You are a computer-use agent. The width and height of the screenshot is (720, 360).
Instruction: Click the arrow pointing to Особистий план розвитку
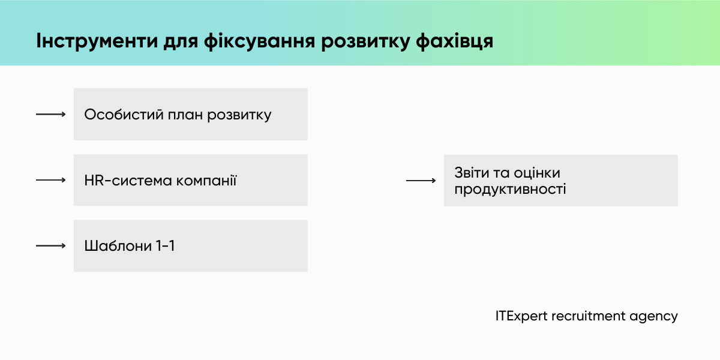click(x=50, y=114)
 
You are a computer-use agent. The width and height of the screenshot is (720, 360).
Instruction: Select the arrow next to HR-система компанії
click(x=50, y=180)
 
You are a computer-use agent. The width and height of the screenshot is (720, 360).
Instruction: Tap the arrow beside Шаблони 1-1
click(x=50, y=245)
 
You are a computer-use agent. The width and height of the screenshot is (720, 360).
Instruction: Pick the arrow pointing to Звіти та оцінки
click(x=421, y=180)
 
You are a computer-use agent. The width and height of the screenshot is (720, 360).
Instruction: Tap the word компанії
click(x=206, y=180)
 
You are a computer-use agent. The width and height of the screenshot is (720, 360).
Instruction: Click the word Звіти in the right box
click(x=472, y=173)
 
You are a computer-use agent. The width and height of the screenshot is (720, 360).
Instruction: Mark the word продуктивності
click(x=510, y=190)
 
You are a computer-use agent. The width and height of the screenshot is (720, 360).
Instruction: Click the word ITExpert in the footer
click(x=521, y=316)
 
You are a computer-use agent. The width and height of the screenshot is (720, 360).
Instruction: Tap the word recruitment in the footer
click(x=588, y=316)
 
